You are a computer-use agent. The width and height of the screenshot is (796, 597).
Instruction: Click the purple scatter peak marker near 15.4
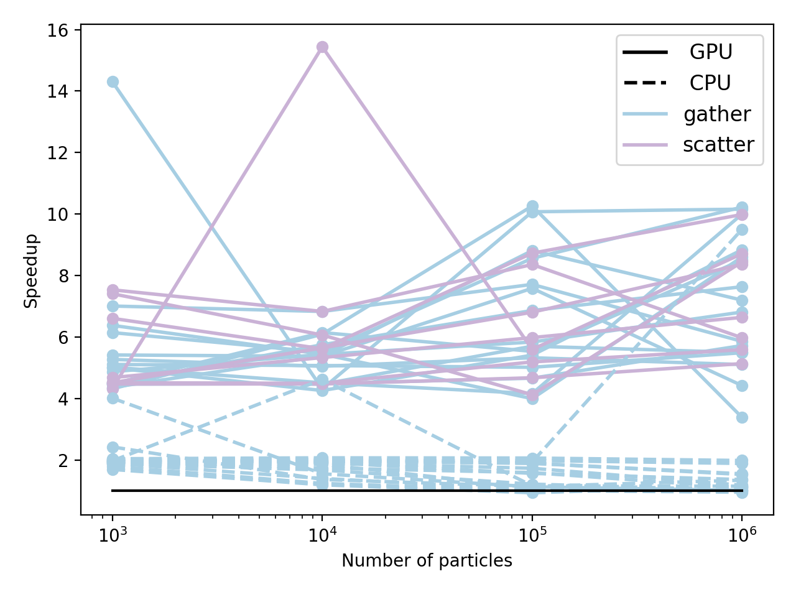pos(322,47)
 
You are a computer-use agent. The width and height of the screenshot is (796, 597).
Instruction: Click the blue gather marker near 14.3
pos(113,81)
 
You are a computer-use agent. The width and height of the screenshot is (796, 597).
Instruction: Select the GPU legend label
pos(711,52)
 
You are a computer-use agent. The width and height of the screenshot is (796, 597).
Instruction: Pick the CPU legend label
pos(710,83)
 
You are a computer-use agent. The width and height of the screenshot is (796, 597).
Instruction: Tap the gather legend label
pos(717,114)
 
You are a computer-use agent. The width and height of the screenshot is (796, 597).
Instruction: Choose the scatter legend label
pos(718,144)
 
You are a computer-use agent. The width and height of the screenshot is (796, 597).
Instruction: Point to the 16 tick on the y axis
pos(60,30)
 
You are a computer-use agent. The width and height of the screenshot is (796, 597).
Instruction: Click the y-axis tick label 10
pos(60,214)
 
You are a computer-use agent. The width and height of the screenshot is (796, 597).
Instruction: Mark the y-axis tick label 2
pos(64,460)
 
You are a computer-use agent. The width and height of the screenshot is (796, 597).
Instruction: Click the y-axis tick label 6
pos(64,337)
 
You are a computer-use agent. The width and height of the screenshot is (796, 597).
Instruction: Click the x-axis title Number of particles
pos(427,561)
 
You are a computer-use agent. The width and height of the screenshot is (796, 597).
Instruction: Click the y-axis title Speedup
pos(31,271)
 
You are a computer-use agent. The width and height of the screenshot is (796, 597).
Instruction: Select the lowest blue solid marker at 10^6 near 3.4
pos(742,417)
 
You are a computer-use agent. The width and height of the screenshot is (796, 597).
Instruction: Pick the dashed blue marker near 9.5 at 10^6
pos(742,230)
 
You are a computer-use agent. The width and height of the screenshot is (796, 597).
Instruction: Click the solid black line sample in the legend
pos(645,52)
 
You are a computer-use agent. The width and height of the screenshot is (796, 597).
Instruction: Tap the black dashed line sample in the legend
pos(645,83)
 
